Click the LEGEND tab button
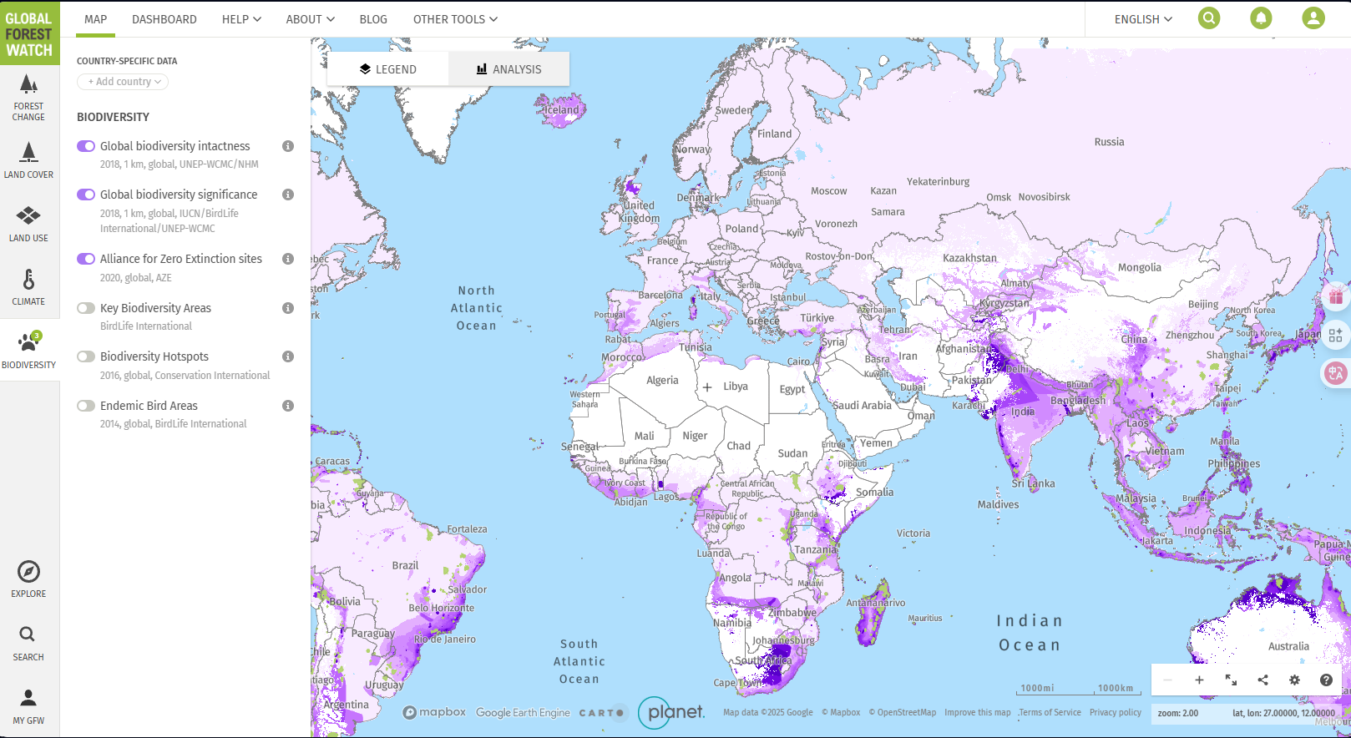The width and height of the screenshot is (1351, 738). pyautogui.click(x=387, y=69)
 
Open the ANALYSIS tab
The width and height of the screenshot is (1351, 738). pyautogui.click(x=509, y=69)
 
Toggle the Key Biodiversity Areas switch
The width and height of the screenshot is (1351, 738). pyautogui.click(x=86, y=308)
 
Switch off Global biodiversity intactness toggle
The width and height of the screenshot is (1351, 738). pyautogui.click(x=86, y=146)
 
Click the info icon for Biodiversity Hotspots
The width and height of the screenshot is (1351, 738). pyautogui.click(x=288, y=356)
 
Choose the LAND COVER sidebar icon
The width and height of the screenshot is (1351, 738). pyautogui.click(x=28, y=159)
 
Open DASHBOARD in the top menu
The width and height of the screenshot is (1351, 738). pyautogui.click(x=164, y=19)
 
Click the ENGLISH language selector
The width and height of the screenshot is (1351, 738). pyautogui.click(x=1142, y=19)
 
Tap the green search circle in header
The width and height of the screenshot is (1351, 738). pyautogui.click(x=1208, y=18)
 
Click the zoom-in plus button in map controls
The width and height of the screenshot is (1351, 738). pyautogui.click(x=1199, y=680)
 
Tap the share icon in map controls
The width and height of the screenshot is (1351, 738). pyautogui.click(x=1262, y=680)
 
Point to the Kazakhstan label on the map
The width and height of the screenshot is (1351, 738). pyautogui.click(x=969, y=258)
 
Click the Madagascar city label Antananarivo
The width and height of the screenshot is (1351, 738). pyautogui.click(x=875, y=603)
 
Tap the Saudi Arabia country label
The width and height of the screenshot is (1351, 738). pyautogui.click(x=863, y=406)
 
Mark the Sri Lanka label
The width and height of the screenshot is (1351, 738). pyautogui.click(x=1033, y=483)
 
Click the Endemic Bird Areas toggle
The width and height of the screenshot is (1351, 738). pyautogui.click(x=86, y=406)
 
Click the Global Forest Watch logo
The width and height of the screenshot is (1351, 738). pyautogui.click(x=29, y=33)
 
